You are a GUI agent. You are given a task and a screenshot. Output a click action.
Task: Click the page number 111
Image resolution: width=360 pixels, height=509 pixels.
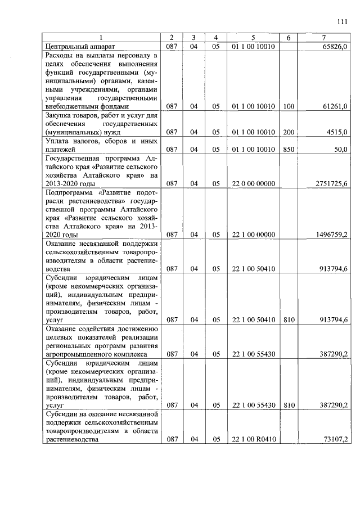[x=343, y=22]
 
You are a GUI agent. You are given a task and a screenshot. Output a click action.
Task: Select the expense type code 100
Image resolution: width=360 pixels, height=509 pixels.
[x=289, y=106]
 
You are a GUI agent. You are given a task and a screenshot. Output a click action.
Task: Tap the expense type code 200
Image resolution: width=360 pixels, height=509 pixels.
[x=289, y=132]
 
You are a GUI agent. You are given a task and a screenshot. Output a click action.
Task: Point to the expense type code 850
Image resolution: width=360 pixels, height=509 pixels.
[x=289, y=149]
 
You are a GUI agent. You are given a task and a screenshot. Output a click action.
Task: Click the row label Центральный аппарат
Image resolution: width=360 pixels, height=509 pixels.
[x=79, y=46]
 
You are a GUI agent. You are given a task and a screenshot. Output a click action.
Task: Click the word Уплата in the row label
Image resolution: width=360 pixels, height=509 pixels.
[x=59, y=141]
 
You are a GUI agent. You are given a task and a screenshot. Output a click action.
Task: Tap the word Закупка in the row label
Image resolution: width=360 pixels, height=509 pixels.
[x=61, y=115]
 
